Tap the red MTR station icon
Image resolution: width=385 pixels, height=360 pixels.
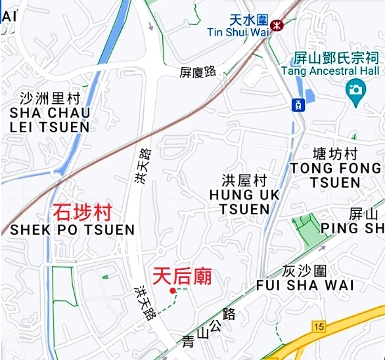pos(277,25)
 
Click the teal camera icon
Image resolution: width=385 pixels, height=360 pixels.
pos(356,89)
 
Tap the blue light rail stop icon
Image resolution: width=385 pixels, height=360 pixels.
pos(298,104)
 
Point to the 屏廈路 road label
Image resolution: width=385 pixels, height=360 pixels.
pos(198,72)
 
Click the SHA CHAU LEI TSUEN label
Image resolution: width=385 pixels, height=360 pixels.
pos(50,120)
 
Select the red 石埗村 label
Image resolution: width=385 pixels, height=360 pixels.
pos(82,212)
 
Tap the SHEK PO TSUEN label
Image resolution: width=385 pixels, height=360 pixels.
pos(72,230)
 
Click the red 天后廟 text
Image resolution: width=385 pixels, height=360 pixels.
pos(182,276)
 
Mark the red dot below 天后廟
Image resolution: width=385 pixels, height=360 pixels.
pos(173,290)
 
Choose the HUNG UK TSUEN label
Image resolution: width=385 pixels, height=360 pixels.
pos(244,202)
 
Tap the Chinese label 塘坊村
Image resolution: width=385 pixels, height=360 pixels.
pos(335,154)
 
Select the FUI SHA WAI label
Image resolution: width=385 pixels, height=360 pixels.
pos(305,285)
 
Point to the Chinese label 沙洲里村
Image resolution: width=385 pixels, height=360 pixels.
pos(50,99)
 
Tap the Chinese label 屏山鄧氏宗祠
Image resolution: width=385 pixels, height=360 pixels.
pos(338,57)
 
